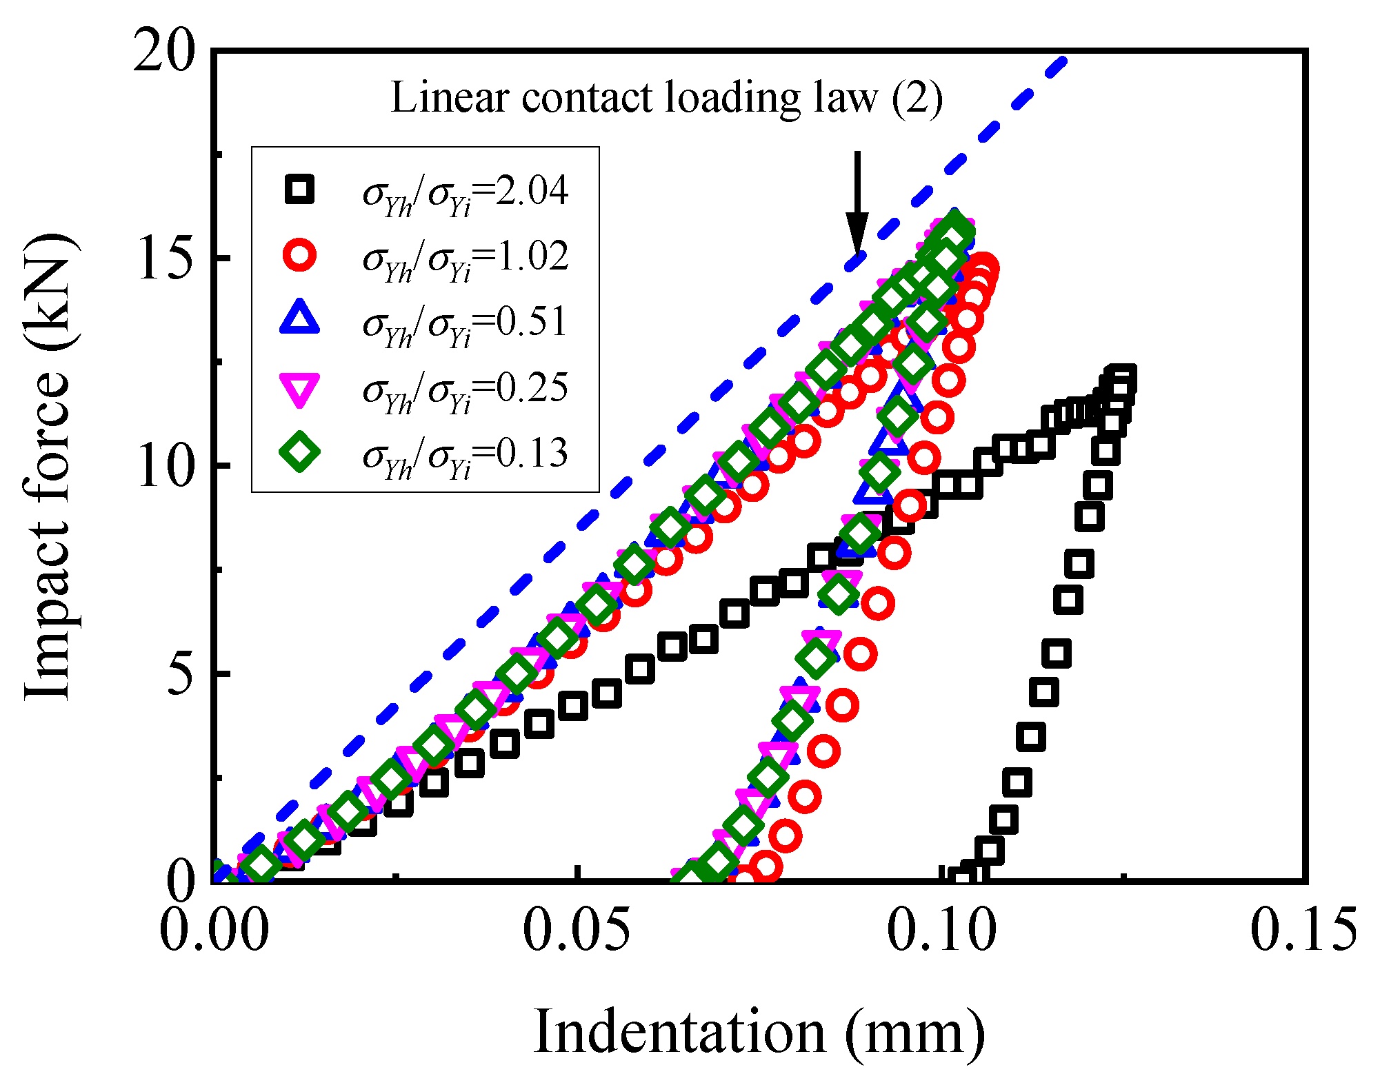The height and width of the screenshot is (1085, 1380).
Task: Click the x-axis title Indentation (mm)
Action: click(759, 1033)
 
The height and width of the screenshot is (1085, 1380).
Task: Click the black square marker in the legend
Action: click(300, 190)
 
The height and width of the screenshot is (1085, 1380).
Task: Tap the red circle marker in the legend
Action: click(300, 256)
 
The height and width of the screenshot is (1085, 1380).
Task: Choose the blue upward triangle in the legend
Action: click(300, 319)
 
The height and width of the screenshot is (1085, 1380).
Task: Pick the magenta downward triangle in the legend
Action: click(300, 388)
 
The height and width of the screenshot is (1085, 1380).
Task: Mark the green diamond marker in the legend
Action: click(300, 453)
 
